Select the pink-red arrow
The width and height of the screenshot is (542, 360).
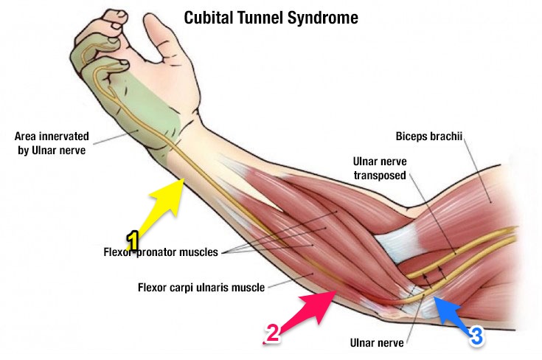313,309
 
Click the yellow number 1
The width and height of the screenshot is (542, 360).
133,240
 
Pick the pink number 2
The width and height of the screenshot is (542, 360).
272,334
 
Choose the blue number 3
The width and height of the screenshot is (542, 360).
476,336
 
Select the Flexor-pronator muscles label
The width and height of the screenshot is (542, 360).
160,252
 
